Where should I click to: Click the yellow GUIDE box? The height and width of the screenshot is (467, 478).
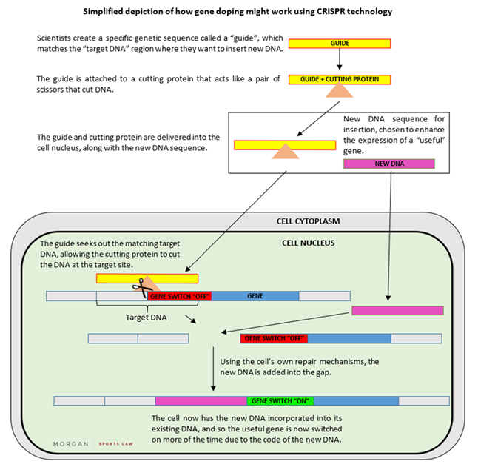pos(340,44)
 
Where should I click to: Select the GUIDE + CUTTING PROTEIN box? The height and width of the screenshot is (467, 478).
pos(340,79)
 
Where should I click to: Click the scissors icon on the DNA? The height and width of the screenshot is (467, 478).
pos(138,289)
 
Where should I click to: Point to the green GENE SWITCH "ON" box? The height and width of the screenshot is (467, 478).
pos(280,400)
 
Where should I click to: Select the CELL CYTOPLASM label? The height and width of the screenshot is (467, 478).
pos(295,221)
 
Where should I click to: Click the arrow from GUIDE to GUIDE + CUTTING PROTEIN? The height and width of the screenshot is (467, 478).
pos(340,61)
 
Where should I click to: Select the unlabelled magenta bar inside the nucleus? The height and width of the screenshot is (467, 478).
pos(397,310)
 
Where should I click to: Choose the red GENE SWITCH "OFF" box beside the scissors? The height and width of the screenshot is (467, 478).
pos(180,295)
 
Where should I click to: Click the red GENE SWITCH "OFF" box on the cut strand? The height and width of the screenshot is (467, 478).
pos(274,338)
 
